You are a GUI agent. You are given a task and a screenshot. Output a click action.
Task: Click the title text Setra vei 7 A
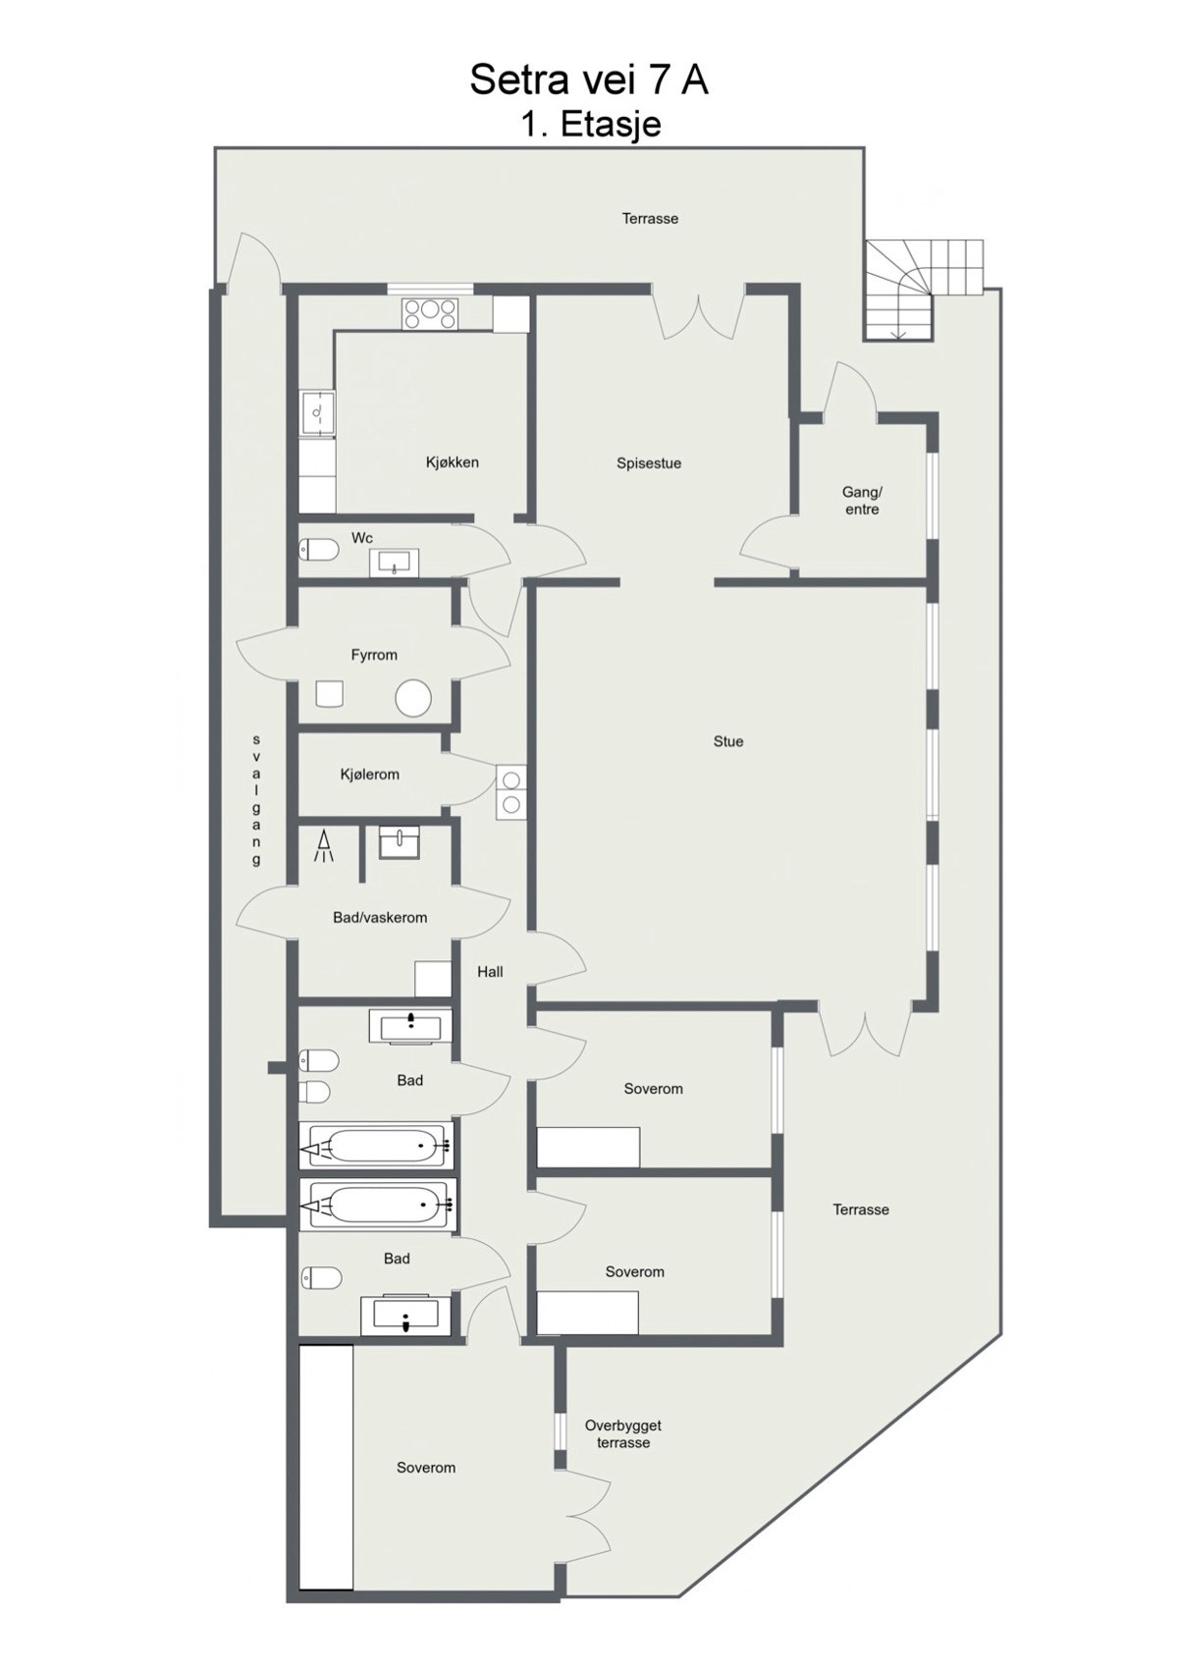[x=588, y=80]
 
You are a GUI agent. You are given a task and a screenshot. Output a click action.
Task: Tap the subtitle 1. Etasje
[x=590, y=125]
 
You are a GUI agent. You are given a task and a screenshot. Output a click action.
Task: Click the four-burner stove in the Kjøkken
[x=430, y=313]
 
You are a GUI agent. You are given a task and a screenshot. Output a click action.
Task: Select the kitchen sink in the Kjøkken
[x=316, y=413]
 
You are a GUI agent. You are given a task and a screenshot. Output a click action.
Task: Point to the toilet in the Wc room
[x=318, y=549]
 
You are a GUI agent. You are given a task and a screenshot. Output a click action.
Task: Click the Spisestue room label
[x=648, y=463]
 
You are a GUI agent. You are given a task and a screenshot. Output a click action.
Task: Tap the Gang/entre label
[x=862, y=501]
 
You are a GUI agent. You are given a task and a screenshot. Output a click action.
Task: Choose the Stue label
[x=727, y=742]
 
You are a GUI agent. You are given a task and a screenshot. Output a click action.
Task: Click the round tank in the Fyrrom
[x=413, y=699]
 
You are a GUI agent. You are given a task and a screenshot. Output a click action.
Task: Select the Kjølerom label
[x=369, y=775]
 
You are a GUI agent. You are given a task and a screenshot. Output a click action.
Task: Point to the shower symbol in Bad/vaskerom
[x=324, y=847]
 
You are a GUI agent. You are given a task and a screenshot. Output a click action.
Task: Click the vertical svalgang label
[x=256, y=800]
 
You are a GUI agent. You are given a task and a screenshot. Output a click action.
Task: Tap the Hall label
[x=490, y=972]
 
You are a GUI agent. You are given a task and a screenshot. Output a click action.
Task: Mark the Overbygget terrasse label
[x=622, y=1434]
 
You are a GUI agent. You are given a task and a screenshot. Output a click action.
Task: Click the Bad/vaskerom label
[x=380, y=918]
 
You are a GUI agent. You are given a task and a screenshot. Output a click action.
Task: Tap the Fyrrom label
[x=374, y=655]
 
